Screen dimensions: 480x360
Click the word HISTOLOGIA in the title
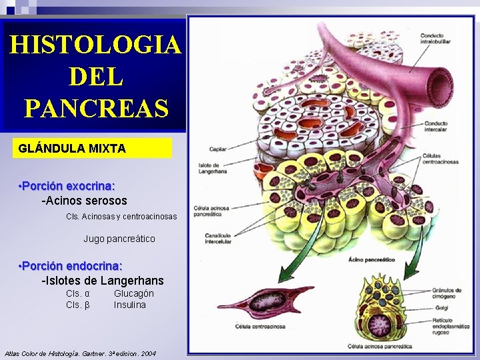tap(95, 45)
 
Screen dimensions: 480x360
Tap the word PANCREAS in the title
tap(95, 107)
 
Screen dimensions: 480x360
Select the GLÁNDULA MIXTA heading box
tap(91, 148)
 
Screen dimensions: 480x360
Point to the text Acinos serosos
tap(84, 200)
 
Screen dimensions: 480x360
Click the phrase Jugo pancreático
tap(119, 239)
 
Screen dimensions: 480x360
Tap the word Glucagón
tap(133, 293)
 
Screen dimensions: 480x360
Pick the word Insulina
tap(129, 305)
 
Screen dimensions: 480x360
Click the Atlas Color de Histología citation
tap(80, 353)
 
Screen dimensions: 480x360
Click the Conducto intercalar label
tap(435, 126)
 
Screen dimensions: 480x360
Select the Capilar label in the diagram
tap(218, 150)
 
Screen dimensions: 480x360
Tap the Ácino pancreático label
tap(366, 259)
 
